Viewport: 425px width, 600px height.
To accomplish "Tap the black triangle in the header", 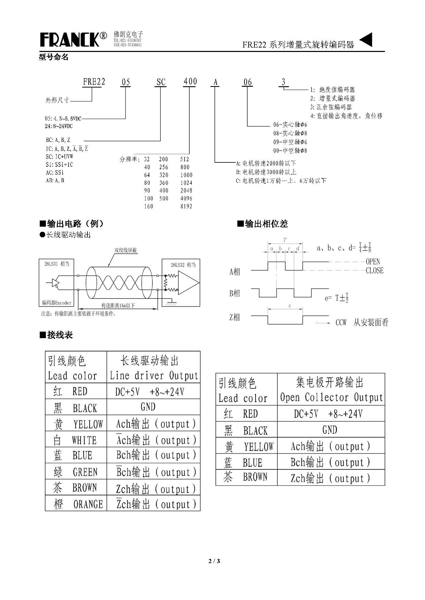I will pos(366,40).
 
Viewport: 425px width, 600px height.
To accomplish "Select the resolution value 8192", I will pos(186,206).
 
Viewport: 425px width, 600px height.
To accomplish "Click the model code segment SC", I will pos(161,82).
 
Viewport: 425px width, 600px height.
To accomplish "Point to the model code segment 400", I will pos(190,81).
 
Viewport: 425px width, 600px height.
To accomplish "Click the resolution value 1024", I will pos(186,183).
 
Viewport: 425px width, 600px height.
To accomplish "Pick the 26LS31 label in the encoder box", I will pos(57,264).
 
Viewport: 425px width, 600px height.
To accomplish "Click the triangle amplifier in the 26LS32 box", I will pos(188,283).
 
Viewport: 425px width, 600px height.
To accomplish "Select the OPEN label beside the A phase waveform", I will pos(373,262).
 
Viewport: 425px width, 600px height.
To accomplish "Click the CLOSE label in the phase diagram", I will pos(374,270).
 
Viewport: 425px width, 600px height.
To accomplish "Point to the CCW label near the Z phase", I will pos(341,322).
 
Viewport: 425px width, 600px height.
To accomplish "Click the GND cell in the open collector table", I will pos(330,430).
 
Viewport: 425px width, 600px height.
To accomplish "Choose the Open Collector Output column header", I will pos(331,390).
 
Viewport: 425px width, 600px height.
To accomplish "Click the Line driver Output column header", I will pos(154,368).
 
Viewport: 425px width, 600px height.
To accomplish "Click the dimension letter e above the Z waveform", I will pos(290,306).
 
